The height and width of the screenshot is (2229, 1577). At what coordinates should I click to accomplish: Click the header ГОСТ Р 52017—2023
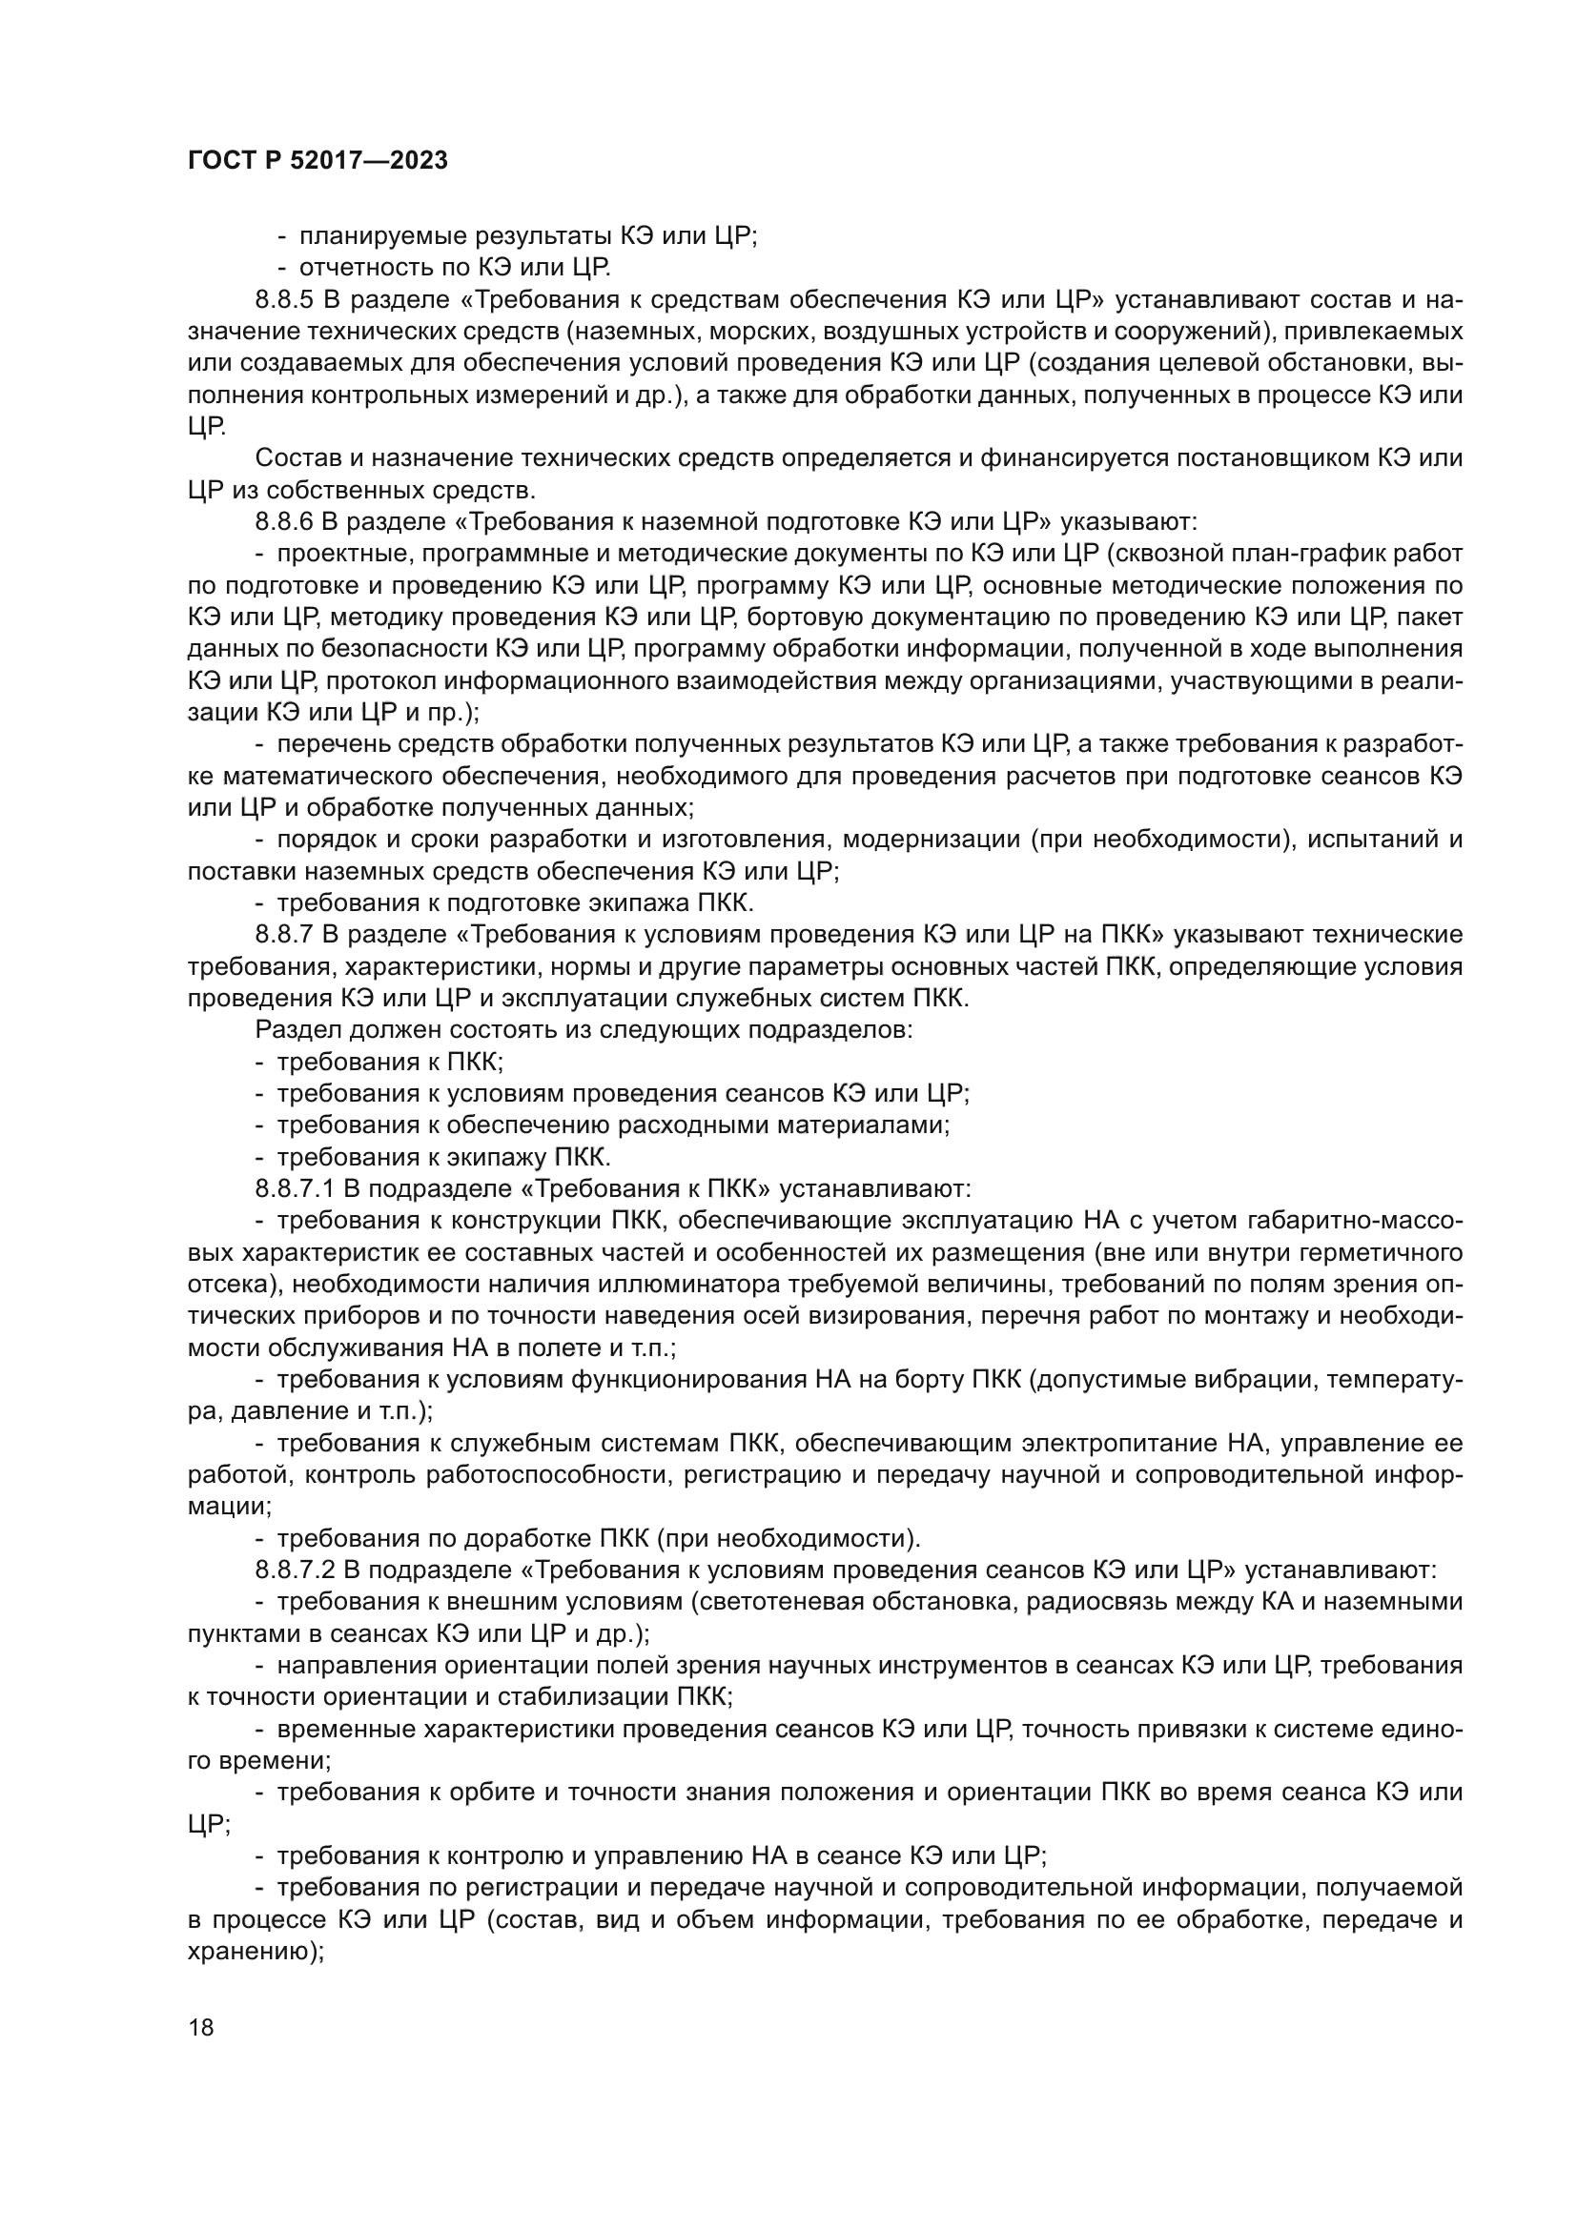[x=317, y=160]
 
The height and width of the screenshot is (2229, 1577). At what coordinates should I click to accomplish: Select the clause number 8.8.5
[x=281, y=299]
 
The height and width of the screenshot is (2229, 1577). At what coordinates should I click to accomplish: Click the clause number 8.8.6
[x=282, y=522]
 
